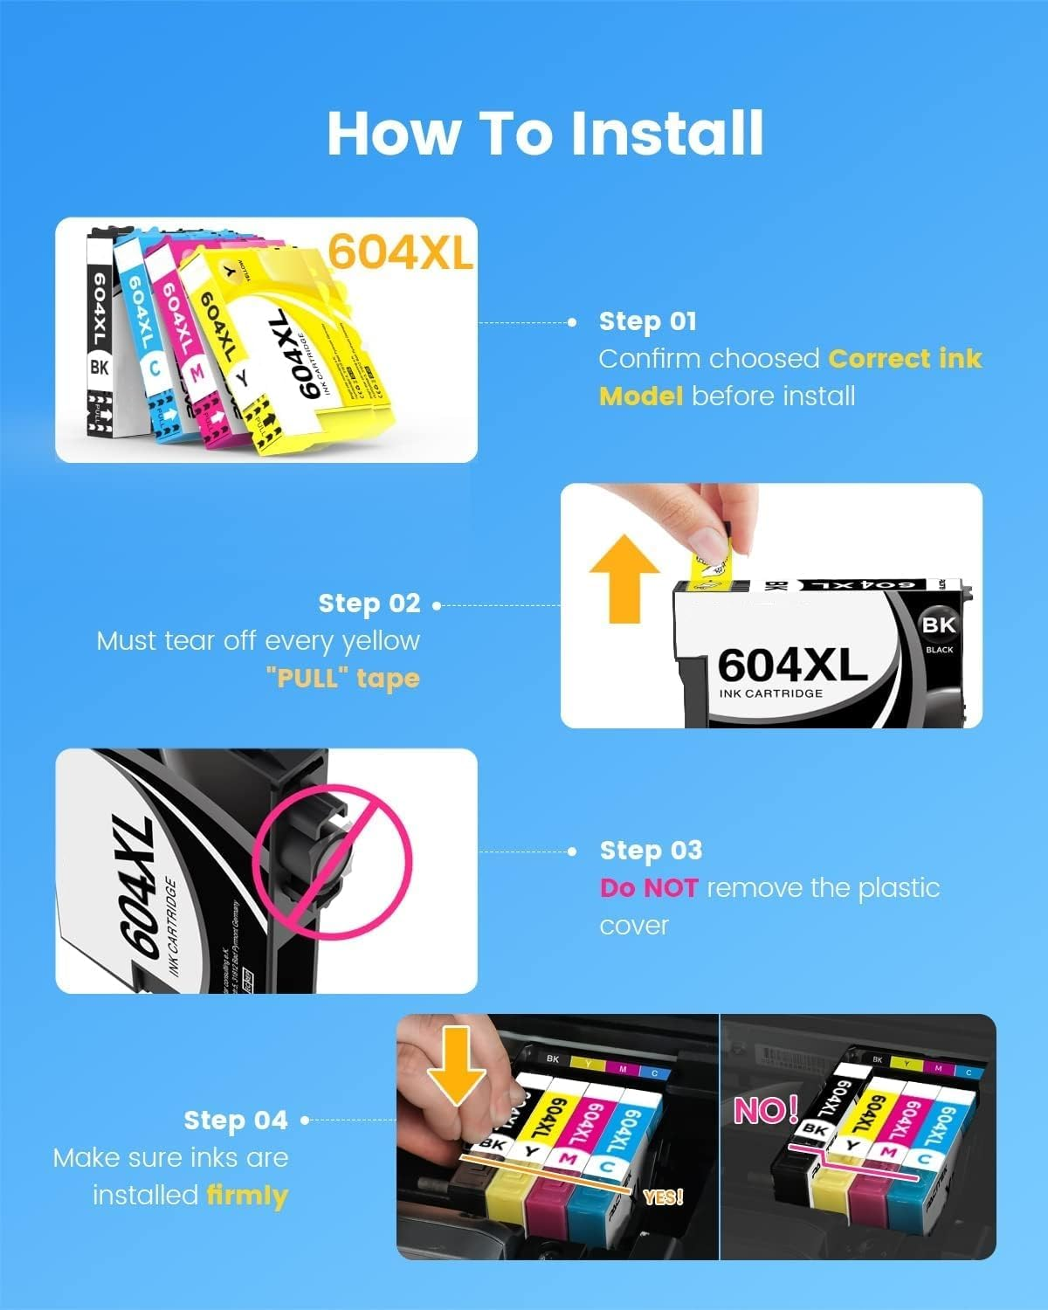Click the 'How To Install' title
[545, 134]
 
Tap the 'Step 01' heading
[647, 321]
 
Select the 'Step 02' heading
[369, 603]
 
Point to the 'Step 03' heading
[651, 851]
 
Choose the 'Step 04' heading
[235, 1120]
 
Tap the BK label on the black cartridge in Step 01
[100, 368]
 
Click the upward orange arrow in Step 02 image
[624, 578]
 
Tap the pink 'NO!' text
[766, 1110]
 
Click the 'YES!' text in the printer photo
[663, 1197]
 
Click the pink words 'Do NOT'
[648, 888]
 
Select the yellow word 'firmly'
[247, 1195]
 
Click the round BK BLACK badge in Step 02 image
[938, 631]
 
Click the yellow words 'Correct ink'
[905, 359]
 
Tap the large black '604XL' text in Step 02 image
[791, 665]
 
